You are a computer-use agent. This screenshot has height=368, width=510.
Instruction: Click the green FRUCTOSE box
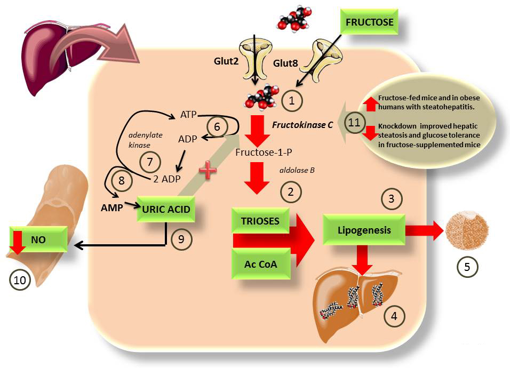[x=369, y=23]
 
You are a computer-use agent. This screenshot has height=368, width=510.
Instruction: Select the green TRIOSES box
[x=260, y=221]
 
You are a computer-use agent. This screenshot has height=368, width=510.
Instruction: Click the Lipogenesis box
[x=364, y=230]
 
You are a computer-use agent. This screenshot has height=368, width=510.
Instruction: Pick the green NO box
[x=38, y=240]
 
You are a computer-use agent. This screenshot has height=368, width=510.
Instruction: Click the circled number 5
[x=466, y=266]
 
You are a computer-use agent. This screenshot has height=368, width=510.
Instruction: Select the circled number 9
[x=181, y=239]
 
